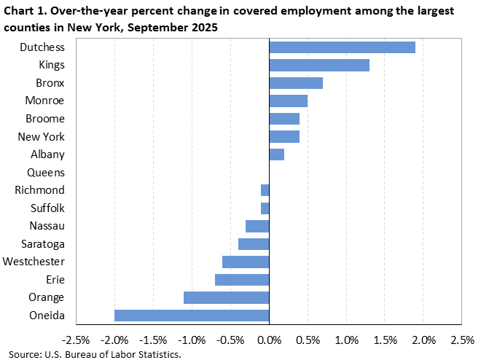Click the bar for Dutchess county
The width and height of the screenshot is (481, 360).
(x=342, y=47)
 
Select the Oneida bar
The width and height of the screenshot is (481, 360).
(x=192, y=316)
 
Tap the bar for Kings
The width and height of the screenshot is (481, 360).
(x=319, y=65)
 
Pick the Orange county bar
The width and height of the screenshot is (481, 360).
(x=226, y=297)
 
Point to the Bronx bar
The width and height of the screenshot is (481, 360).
(x=296, y=83)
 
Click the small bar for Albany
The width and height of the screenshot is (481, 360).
(x=276, y=154)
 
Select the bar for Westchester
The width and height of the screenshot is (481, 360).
(x=246, y=262)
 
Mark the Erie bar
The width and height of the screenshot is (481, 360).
(x=242, y=280)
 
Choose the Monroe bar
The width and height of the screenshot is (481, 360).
(x=288, y=101)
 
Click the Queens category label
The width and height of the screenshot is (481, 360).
(x=45, y=173)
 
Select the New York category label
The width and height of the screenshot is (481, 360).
(x=41, y=136)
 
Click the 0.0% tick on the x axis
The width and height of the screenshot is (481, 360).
(x=269, y=340)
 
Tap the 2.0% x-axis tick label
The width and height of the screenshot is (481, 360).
(x=423, y=340)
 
